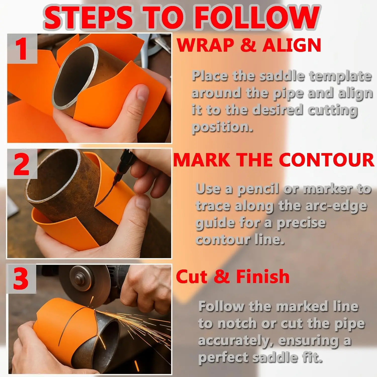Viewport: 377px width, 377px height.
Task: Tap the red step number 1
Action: [x=22, y=49]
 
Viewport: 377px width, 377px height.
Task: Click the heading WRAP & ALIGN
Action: [x=249, y=45]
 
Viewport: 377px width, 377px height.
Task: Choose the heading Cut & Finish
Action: [x=233, y=276]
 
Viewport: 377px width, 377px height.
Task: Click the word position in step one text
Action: [x=222, y=127]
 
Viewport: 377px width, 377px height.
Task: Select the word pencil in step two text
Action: [x=258, y=189]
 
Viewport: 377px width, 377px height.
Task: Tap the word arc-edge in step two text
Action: [x=336, y=206]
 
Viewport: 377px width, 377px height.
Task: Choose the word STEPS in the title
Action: [x=88, y=18]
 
